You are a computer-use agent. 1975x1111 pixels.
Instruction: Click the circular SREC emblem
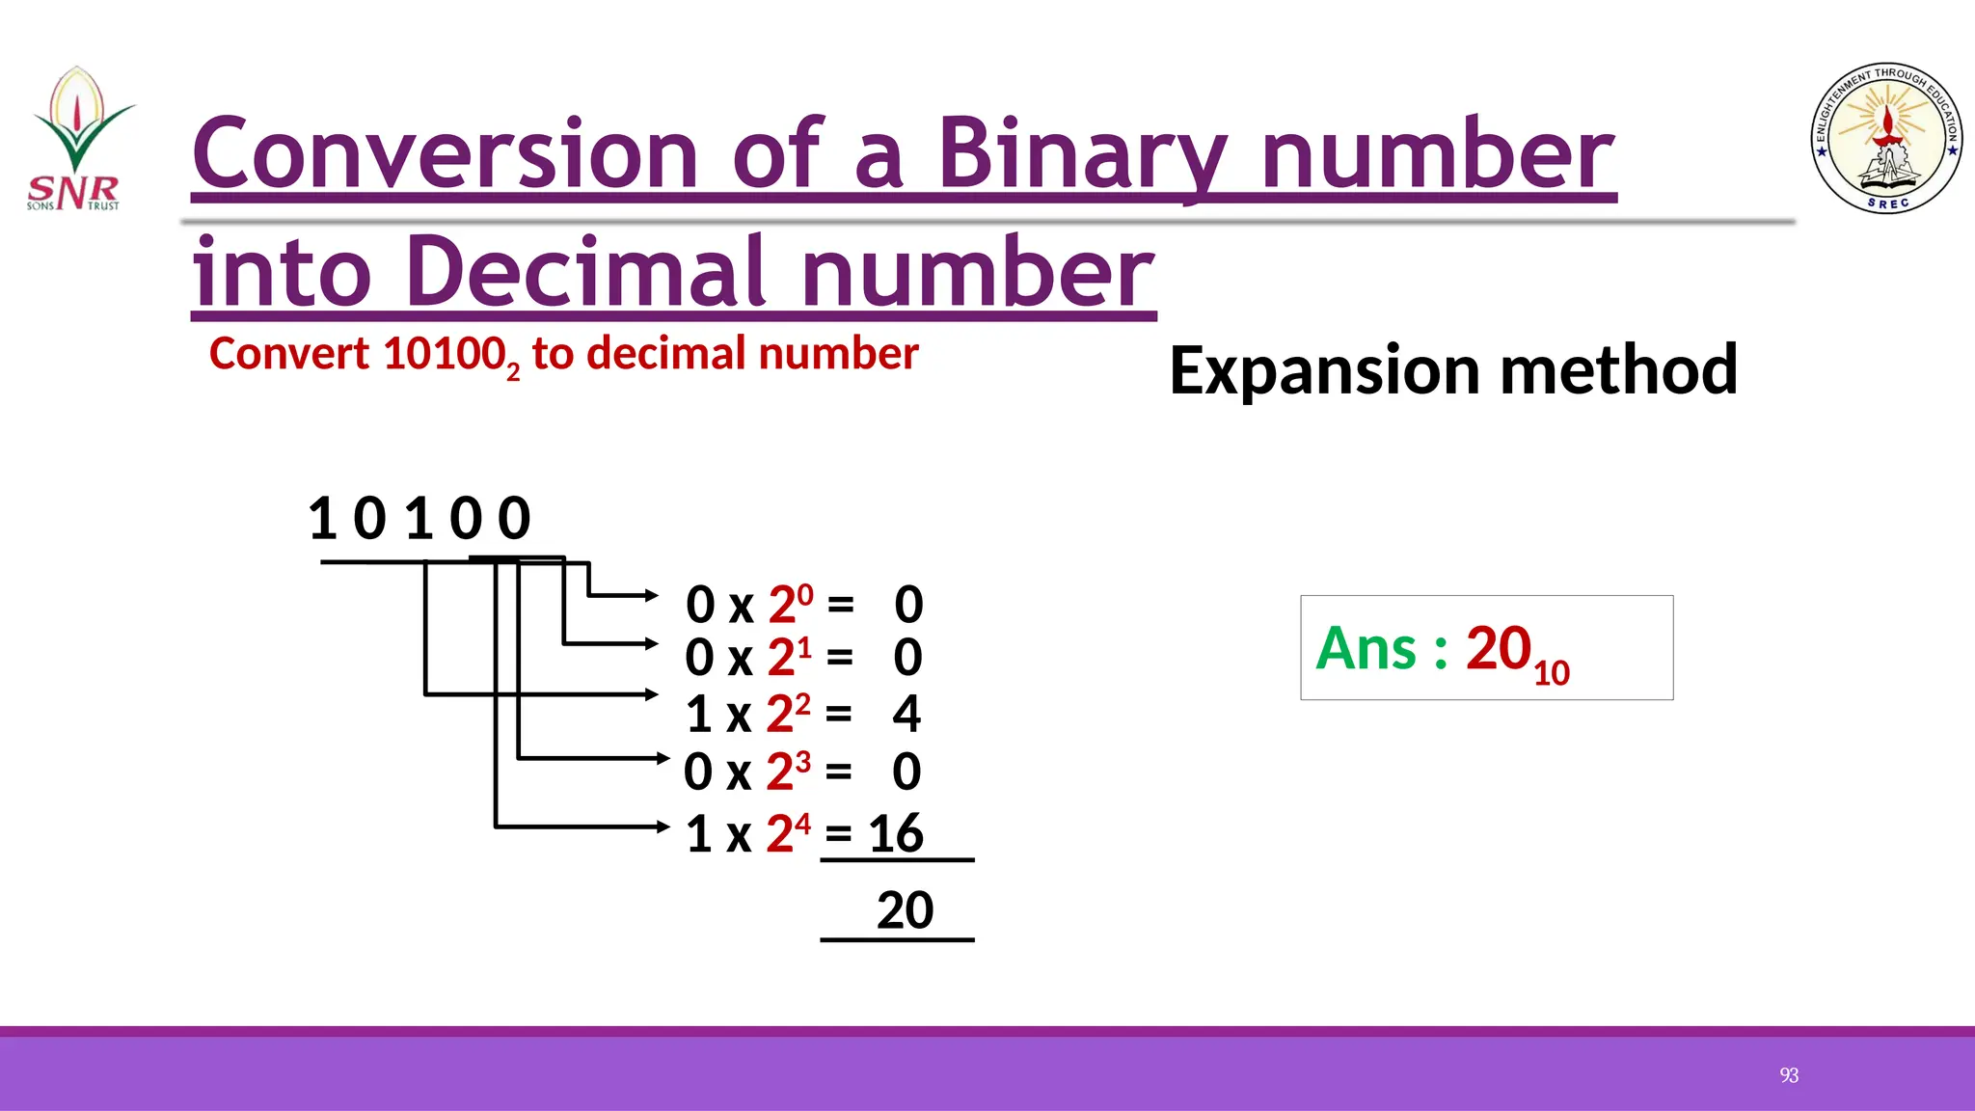[1886, 139]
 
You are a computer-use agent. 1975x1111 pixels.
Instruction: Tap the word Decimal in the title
[586, 272]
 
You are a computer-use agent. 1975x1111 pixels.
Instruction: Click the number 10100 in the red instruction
[444, 354]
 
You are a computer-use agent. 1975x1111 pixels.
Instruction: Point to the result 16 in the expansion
[896, 833]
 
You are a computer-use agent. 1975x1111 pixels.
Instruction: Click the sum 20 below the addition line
[905, 910]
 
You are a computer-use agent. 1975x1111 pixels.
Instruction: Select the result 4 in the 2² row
[906, 714]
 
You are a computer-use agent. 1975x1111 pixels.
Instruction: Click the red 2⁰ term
[790, 605]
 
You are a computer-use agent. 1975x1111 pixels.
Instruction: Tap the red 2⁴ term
[788, 833]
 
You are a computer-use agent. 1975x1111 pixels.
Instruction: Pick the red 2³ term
[788, 772]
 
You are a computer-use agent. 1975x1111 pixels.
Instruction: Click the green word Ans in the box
[1366, 648]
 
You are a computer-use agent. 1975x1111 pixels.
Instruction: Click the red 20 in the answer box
[1499, 648]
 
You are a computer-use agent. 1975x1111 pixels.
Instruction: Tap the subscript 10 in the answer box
[1552, 672]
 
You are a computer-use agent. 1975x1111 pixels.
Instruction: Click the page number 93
[1789, 1075]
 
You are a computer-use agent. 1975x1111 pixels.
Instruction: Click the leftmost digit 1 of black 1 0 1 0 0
[322, 518]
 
